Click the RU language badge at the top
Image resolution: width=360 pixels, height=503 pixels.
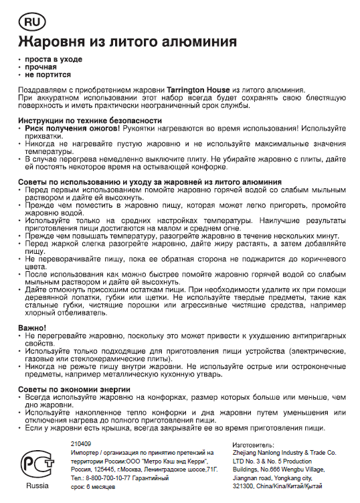(x=31, y=22)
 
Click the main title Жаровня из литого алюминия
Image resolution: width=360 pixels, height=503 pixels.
(x=126, y=42)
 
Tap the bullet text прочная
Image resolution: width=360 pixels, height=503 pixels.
(x=41, y=67)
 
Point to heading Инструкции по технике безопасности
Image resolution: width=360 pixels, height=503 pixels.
(x=90, y=121)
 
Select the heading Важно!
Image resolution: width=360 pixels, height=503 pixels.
(x=32, y=327)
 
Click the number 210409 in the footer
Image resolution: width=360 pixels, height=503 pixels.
(x=81, y=444)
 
